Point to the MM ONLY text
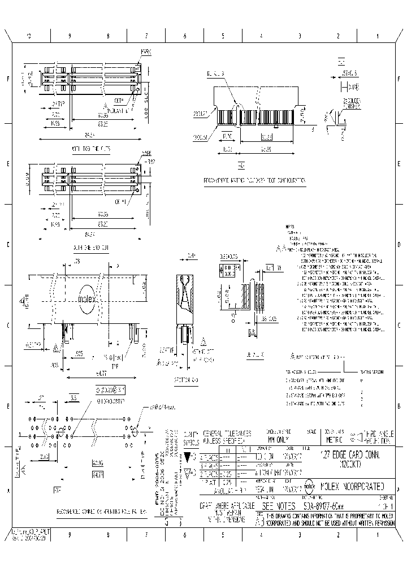(279, 437)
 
